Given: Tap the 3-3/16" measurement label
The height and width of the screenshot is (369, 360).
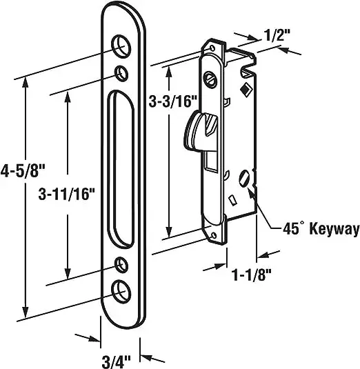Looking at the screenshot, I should (172, 103).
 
